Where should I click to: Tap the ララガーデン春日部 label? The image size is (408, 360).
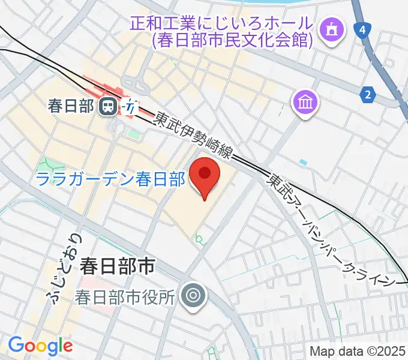(x=110, y=179)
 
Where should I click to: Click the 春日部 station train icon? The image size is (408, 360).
(x=109, y=107)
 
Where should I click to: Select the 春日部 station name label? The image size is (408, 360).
(x=71, y=107)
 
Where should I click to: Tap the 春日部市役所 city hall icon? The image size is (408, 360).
(x=194, y=295)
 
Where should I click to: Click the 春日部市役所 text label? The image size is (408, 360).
(x=125, y=296)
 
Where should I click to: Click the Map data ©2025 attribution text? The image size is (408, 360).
(x=358, y=351)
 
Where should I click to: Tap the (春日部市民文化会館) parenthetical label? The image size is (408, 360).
(x=233, y=40)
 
